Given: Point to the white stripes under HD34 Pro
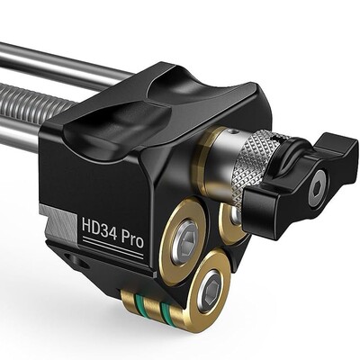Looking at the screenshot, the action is pos(113,247).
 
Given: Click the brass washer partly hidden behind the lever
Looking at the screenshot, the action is pos(230,222).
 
